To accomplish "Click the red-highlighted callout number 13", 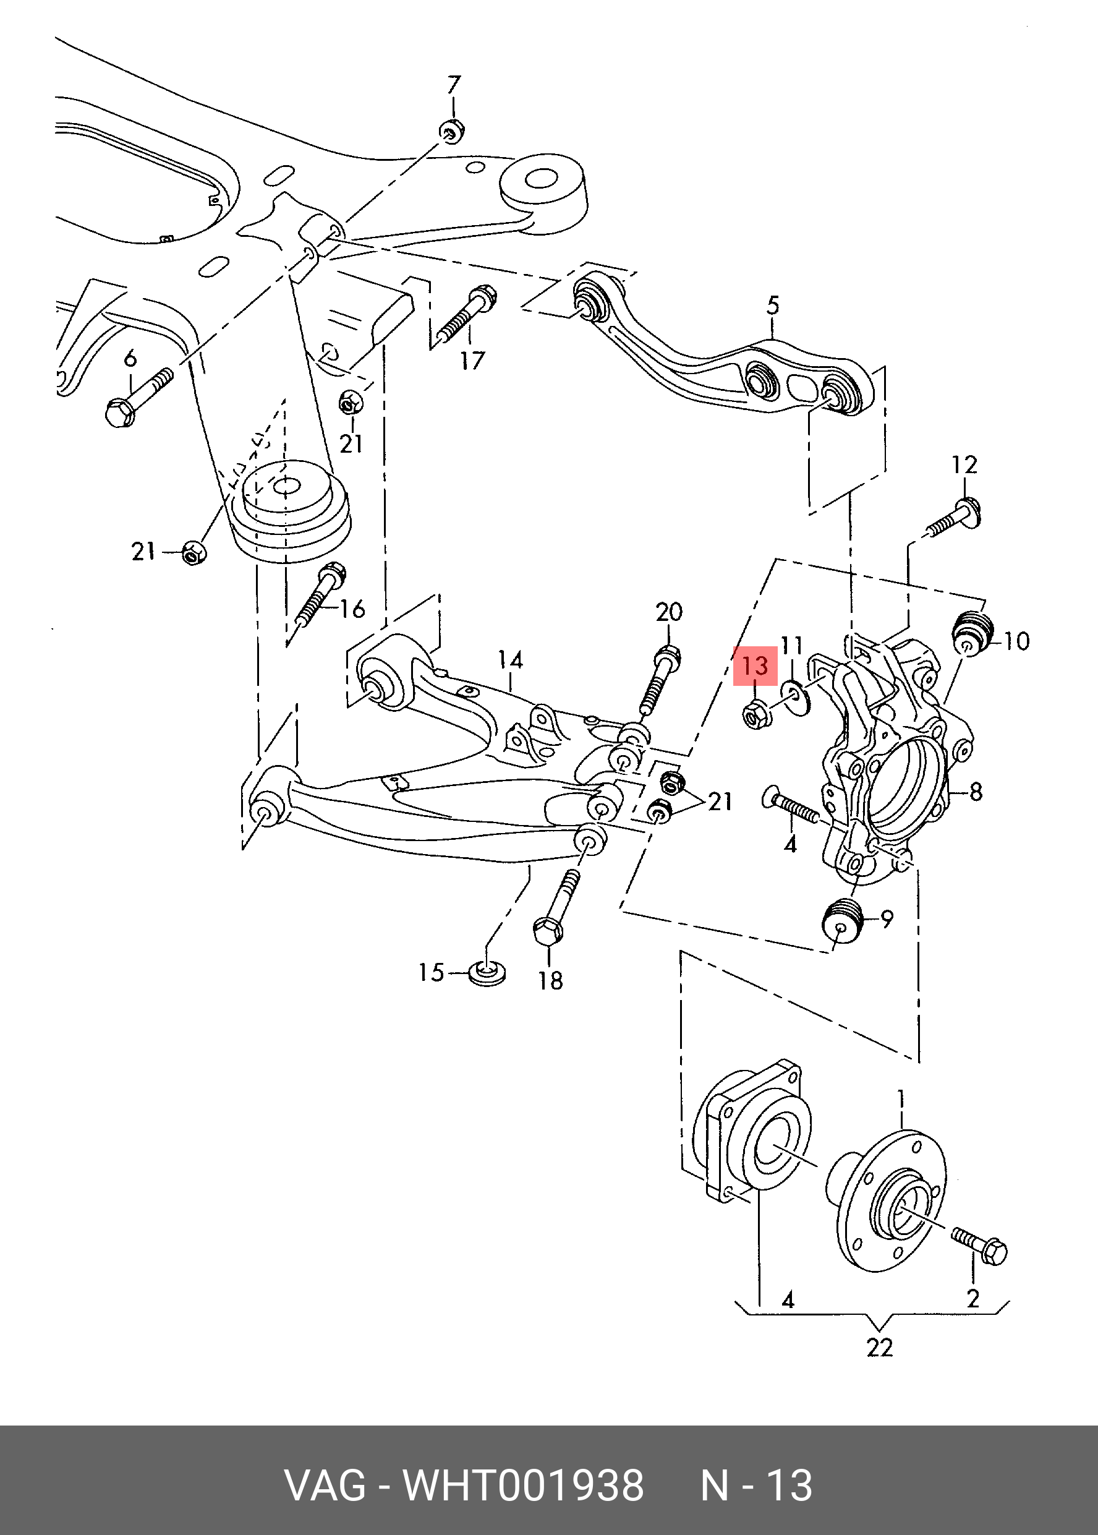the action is (x=755, y=665).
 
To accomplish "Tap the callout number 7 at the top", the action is (x=454, y=85).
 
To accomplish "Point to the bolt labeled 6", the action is (x=138, y=398).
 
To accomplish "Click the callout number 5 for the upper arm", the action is (x=773, y=305).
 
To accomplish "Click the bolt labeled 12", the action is (x=954, y=515).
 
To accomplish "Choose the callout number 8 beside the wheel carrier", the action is (x=975, y=791).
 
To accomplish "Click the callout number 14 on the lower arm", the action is (x=511, y=659).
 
